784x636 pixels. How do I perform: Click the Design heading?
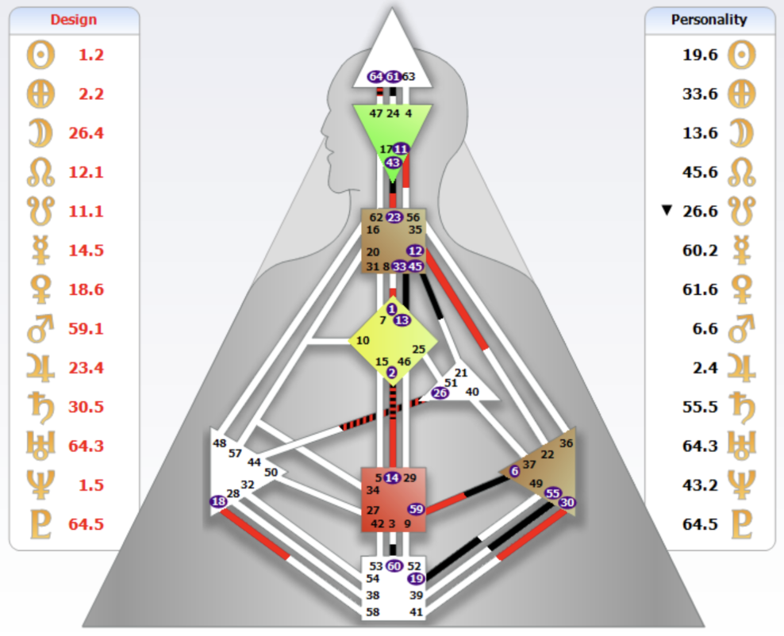coord(73,20)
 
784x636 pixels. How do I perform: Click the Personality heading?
coord(709,20)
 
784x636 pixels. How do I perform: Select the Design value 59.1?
coord(91,328)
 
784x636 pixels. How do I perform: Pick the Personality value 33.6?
coord(700,94)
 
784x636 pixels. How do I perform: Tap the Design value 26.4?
coord(91,133)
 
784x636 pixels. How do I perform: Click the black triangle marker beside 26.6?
coord(667,210)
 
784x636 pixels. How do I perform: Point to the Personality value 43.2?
coord(700,485)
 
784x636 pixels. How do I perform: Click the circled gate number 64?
coord(376,77)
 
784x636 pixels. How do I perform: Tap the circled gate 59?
coord(416,509)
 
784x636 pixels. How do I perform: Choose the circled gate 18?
coord(218,501)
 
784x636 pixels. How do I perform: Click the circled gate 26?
coord(440,393)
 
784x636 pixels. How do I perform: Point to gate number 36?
coord(566,443)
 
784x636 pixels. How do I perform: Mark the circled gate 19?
coord(416,579)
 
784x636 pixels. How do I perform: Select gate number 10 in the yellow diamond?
coord(363,341)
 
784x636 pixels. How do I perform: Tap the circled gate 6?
coord(514,471)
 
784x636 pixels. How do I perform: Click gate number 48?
coord(220,443)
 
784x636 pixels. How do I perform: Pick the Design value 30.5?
coord(91,407)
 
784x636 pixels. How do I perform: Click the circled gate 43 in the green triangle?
coord(392,162)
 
